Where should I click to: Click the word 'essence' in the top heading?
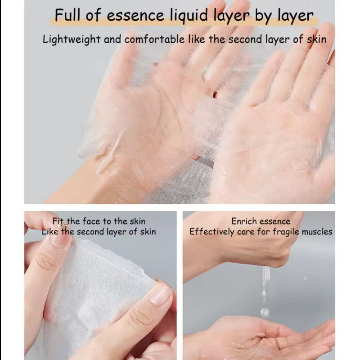[135, 16]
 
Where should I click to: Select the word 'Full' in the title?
[67, 15]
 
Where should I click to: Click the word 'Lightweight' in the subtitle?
[72, 40]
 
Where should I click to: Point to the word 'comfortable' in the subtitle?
[154, 39]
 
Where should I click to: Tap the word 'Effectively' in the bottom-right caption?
[211, 232]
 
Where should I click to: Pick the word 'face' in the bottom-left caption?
[91, 221]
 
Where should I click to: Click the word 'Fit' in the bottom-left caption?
[58, 221]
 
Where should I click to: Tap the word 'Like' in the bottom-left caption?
[50, 231]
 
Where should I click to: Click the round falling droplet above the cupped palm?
[264, 311]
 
